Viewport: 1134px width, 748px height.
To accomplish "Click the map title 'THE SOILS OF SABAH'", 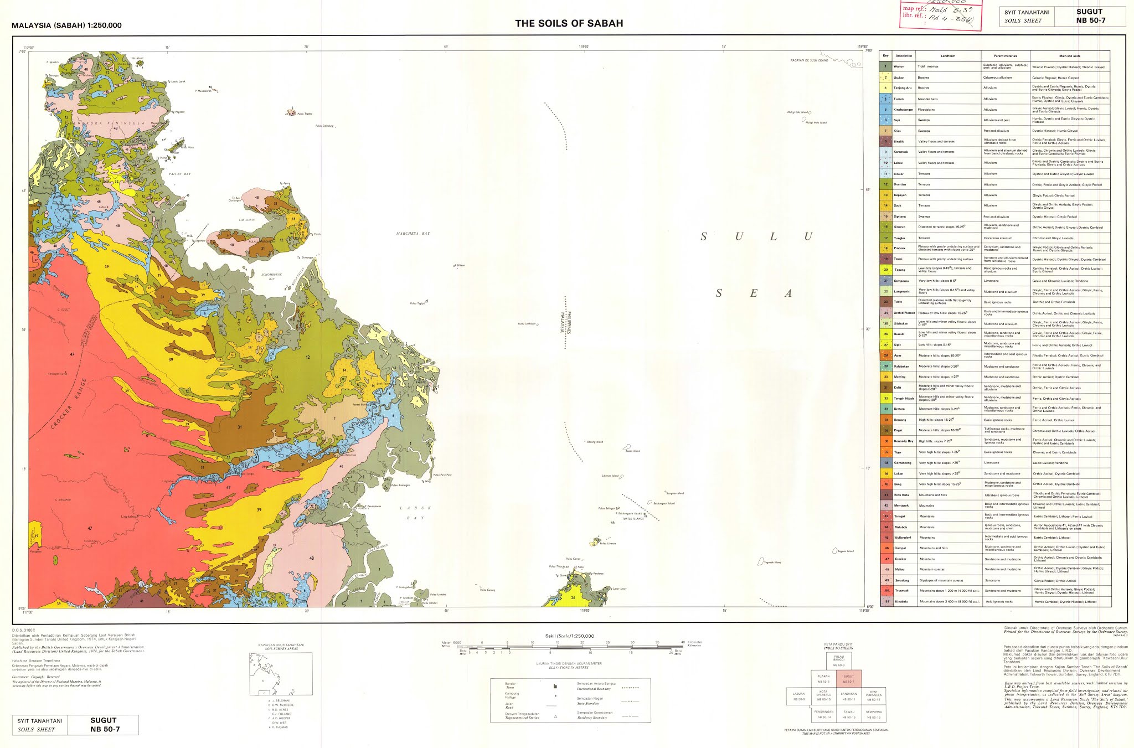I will pos(569,23).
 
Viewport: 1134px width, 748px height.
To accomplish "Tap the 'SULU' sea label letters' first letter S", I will pos(704,237).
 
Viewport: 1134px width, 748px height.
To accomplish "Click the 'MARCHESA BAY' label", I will pos(413,234).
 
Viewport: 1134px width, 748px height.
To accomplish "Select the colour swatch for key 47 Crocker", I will pos(885,559).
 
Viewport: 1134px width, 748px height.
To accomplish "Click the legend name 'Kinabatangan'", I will pos(903,110).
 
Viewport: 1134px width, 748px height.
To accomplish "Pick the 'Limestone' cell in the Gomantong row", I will pos(991,463).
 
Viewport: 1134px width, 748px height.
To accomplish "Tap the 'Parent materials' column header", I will pos(1006,56).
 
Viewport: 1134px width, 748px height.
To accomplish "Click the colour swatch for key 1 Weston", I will pos(885,66).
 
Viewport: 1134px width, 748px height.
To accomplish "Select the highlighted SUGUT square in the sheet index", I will pos(848,679).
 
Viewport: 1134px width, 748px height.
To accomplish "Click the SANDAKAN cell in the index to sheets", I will pos(848,695).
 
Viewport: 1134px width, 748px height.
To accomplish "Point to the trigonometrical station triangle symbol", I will pos(555,716).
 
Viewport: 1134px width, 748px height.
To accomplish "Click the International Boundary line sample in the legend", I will pos(631,688).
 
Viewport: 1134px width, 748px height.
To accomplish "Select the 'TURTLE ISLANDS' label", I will pos(633,519).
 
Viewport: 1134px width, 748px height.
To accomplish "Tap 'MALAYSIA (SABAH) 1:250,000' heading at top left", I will pos(66,25).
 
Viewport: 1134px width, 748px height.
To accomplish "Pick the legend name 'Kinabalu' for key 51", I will pos(901,601).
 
